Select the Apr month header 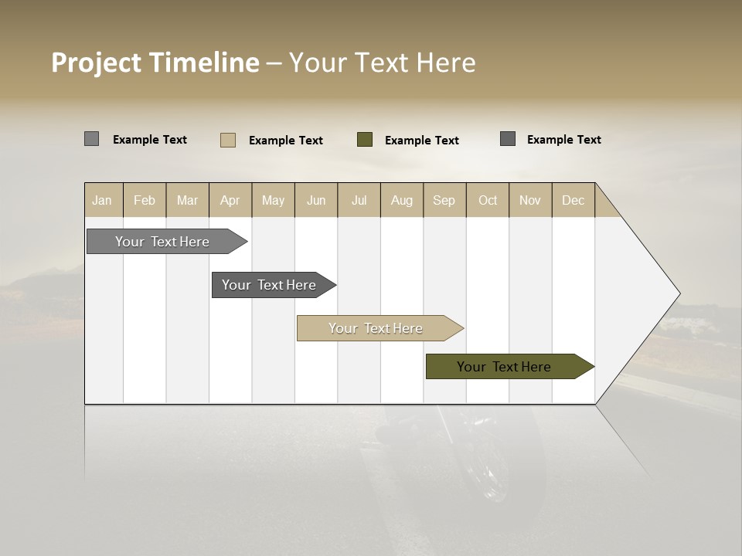tap(230, 200)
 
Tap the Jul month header tap(359, 200)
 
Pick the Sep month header tap(444, 200)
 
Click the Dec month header tap(573, 200)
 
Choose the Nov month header tap(530, 200)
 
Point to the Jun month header tap(316, 200)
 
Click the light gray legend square tap(91, 139)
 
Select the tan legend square tap(227, 140)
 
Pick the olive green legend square tap(365, 140)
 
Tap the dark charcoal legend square tap(508, 139)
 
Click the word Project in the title tap(97, 63)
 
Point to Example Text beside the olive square tap(421, 141)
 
